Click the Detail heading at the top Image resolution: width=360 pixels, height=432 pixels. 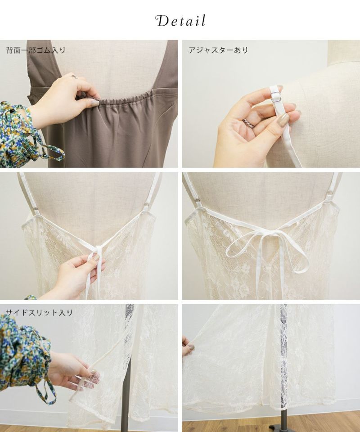tap(180, 21)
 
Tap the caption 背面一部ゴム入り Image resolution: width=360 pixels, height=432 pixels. tap(36, 50)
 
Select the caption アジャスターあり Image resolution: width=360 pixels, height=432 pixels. tap(218, 50)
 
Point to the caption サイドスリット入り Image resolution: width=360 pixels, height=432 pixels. tap(39, 312)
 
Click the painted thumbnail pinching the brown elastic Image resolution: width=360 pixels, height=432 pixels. tap(94, 103)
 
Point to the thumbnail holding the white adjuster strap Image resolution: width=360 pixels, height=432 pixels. tap(283, 120)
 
